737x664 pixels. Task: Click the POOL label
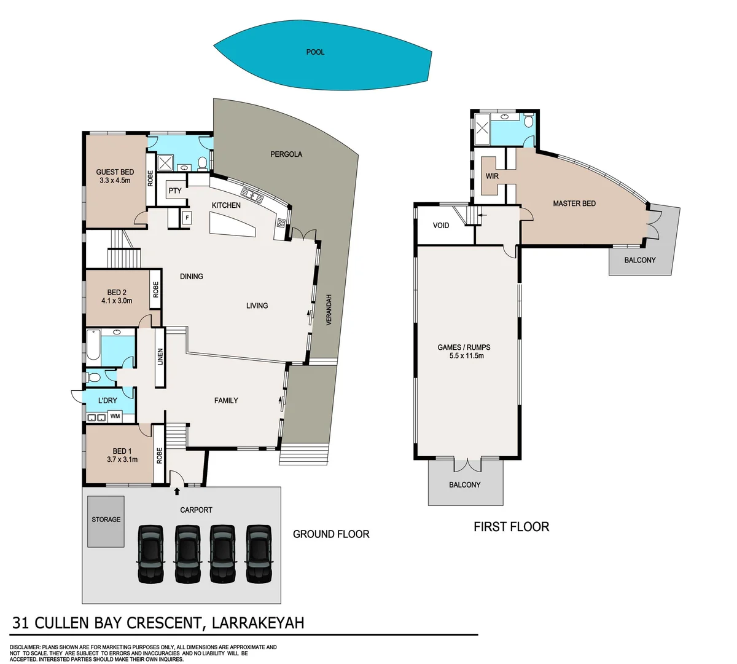coord(315,52)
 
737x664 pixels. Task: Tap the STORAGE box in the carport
coord(106,520)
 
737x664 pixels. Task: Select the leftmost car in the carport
coord(150,553)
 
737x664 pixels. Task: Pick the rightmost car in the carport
coord(259,553)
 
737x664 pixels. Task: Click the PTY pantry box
coord(175,191)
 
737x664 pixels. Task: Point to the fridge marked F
coord(187,217)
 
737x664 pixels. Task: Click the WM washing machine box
coord(115,417)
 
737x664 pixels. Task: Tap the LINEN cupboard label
coord(160,357)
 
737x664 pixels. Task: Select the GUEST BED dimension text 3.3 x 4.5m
coord(115,181)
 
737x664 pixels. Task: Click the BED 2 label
coord(117,293)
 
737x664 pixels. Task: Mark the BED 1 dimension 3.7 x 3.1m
coord(122,459)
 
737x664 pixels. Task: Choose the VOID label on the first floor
coord(441,226)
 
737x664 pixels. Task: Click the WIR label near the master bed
coord(492,176)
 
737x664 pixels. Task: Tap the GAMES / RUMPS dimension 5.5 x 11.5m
coord(464,355)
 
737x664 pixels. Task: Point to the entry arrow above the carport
coord(177,491)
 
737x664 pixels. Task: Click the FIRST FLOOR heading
coord(511,527)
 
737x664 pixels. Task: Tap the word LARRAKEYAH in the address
coord(258,623)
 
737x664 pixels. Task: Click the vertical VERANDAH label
coord(329,310)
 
